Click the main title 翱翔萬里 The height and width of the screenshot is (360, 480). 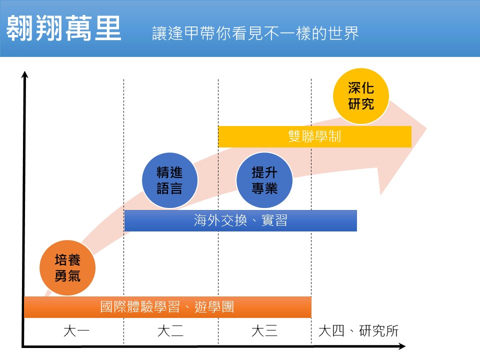pyautogui.click(x=63, y=28)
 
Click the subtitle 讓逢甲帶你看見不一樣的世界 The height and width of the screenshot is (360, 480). pyautogui.click(x=255, y=33)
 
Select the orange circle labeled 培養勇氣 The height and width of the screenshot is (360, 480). pyautogui.click(x=67, y=268)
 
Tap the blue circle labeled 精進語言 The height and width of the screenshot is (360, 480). pyautogui.click(x=169, y=180)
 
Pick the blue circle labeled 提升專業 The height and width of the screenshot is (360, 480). pyautogui.click(x=264, y=180)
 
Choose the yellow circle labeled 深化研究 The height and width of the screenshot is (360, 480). pyautogui.click(x=361, y=96)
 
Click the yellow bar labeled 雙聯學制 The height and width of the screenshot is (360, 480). pyautogui.click(x=314, y=136)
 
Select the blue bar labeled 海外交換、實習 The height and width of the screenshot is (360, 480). pyautogui.click(x=240, y=220)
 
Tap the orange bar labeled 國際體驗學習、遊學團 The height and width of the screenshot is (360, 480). pyautogui.click(x=167, y=307)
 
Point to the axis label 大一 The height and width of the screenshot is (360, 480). pyautogui.click(x=76, y=331)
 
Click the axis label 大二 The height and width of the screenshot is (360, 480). pyautogui.click(x=170, y=331)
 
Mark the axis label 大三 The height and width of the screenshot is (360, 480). pyautogui.click(x=264, y=331)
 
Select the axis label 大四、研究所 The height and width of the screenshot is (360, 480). pyautogui.click(x=358, y=331)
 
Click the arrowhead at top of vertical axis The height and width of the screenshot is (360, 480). pyautogui.click(x=25, y=74)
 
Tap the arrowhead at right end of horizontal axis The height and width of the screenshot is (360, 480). pyautogui.click(x=402, y=346)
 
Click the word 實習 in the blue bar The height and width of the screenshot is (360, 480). pyautogui.click(x=274, y=220)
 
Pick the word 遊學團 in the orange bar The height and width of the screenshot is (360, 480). pyautogui.click(x=214, y=307)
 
